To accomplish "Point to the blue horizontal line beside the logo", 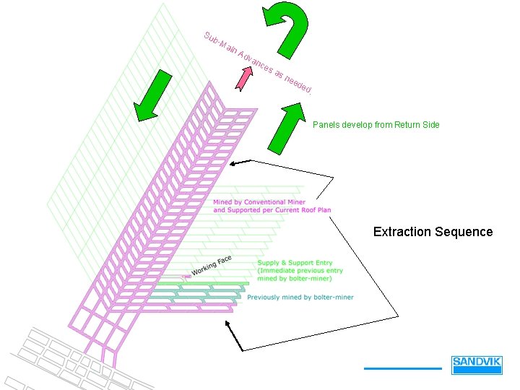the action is pyautogui.click(x=402, y=368).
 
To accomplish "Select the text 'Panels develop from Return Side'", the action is pyautogui.click(x=376, y=125).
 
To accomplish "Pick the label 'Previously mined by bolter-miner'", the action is pyautogui.click(x=300, y=297).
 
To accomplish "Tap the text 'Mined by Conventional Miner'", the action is pyautogui.click(x=259, y=202).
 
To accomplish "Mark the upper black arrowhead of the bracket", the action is pyautogui.click(x=233, y=165).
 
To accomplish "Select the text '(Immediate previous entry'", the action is pyautogui.click(x=300, y=271).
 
